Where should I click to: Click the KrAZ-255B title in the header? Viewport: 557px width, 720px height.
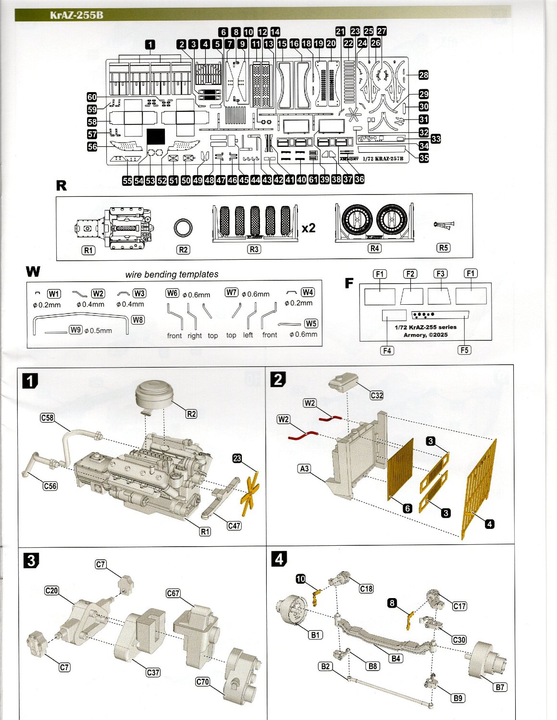tap(76, 14)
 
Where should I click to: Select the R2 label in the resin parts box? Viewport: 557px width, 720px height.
tap(183, 250)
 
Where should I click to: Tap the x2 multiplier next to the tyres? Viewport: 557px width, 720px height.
tap(309, 228)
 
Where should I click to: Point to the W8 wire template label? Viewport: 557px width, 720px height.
tap(137, 320)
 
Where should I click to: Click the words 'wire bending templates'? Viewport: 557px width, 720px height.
tap(172, 275)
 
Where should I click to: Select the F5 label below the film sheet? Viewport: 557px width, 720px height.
tap(464, 350)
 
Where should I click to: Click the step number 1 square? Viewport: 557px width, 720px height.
tap(30, 381)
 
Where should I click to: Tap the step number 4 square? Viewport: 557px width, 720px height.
tap(279, 559)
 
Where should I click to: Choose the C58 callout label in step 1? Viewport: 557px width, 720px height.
tap(47, 418)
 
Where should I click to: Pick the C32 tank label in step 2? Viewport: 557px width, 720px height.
tap(377, 396)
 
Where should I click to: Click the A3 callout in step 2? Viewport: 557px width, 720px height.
tap(304, 468)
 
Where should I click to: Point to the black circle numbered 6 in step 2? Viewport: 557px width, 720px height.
tap(408, 508)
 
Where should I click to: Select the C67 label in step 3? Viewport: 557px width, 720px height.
tap(173, 593)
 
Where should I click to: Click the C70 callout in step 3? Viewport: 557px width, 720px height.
tap(203, 682)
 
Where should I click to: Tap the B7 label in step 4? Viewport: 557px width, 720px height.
tap(500, 687)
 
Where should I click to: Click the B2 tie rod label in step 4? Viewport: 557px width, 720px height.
tap(325, 666)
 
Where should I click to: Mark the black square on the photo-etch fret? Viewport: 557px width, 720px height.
tap(156, 137)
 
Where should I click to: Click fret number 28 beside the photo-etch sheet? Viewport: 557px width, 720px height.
tap(423, 75)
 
